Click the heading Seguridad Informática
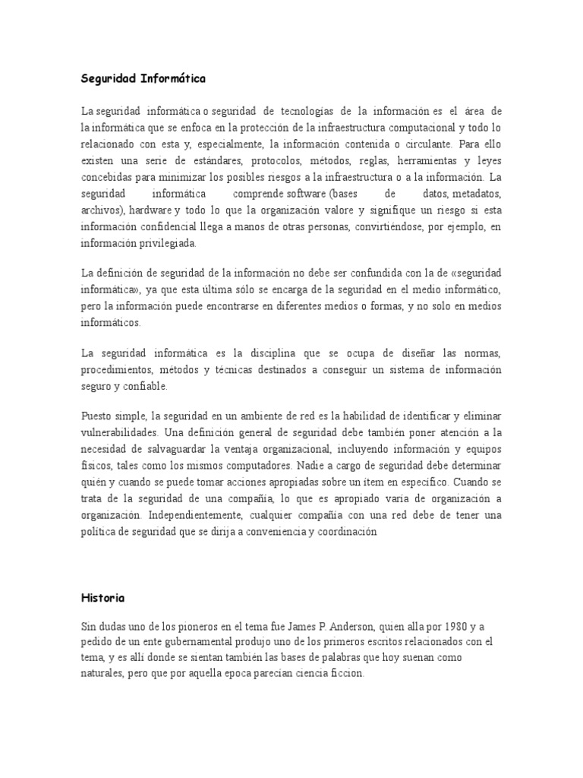click(x=143, y=77)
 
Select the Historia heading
click(x=102, y=598)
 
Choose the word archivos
click(x=102, y=210)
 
